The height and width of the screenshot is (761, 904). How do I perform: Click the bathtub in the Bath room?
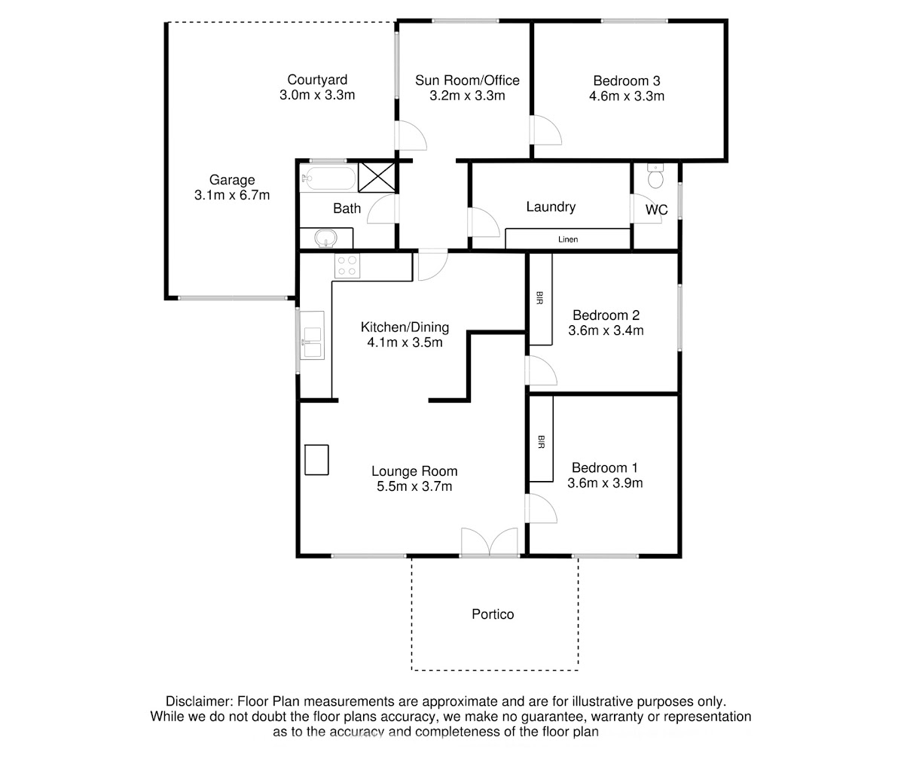[328, 178]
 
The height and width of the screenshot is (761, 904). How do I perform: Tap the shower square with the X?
[377, 177]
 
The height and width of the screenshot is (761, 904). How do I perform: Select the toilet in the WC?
[655, 175]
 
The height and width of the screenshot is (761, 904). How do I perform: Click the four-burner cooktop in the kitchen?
[347, 266]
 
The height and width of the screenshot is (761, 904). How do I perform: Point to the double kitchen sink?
[312, 335]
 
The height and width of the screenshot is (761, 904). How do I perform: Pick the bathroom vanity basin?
[326, 239]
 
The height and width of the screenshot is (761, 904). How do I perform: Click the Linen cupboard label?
[567, 239]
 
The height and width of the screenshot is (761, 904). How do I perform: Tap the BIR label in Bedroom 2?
[539, 298]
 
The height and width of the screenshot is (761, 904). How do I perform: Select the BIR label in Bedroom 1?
[541, 442]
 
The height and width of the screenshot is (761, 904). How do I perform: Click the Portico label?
[493, 614]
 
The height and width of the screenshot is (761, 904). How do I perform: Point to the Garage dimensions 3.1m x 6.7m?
[231, 195]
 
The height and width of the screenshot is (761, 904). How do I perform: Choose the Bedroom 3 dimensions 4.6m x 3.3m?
[627, 96]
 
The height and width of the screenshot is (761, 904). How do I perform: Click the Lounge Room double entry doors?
[490, 542]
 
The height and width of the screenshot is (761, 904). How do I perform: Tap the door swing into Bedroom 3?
[546, 129]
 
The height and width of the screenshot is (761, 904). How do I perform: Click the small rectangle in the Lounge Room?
[316, 460]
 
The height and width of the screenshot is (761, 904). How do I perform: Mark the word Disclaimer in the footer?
[199, 702]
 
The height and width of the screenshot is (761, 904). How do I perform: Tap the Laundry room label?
[551, 207]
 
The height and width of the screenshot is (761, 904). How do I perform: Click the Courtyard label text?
[317, 80]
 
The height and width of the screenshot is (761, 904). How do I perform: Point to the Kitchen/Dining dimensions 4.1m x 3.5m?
[405, 342]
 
